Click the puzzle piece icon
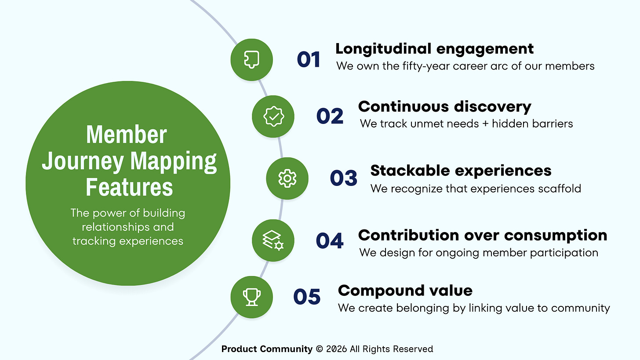coord(252,59)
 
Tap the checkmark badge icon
coord(273,116)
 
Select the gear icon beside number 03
coord(287,178)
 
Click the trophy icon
coord(252,297)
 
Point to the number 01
coord(309,59)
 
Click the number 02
coord(330,116)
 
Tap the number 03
coord(344,178)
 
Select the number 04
coord(330,240)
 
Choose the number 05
coord(307,297)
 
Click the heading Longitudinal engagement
coord(434,48)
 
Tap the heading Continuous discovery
coord(444,106)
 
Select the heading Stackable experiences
coord(461,170)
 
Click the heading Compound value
coord(405,290)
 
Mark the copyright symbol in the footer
coord(320,349)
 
